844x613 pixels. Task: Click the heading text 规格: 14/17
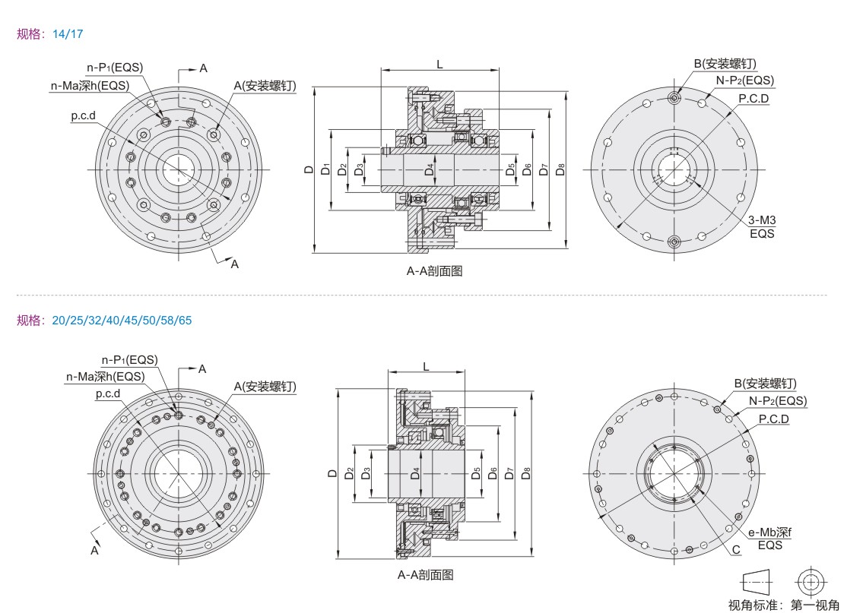click(50, 34)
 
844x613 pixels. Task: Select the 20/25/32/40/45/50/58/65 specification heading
click(104, 320)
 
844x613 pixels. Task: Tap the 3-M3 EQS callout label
click(762, 226)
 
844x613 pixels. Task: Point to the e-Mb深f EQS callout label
click(769, 538)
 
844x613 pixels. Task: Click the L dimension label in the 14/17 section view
click(440, 65)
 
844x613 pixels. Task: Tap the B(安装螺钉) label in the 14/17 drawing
click(725, 63)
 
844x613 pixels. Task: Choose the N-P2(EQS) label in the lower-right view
click(777, 401)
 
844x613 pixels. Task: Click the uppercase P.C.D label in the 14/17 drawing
click(754, 98)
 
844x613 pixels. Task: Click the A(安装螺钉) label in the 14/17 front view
click(264, 85)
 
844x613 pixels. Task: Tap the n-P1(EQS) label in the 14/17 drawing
click(114, 66)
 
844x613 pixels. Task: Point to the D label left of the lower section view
click(332, 473)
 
